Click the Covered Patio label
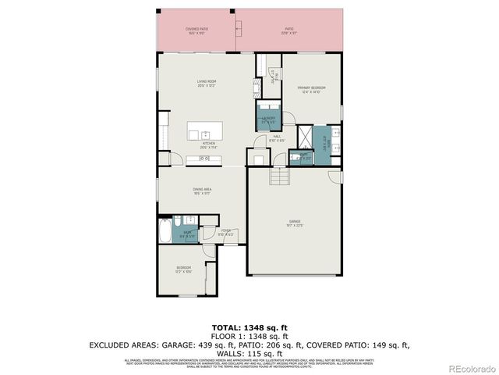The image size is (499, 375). click(x=196, y=31)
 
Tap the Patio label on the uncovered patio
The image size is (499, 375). click(x=288, y=31)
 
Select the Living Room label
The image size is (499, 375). click(x=206, y=83)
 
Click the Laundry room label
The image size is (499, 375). click(x=268, y=119)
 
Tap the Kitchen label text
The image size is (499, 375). click(x=208, y=145)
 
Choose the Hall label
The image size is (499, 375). click(x=277, y=138)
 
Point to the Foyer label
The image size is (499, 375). click(x=225, y=232)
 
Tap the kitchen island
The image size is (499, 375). click(x=205, y=130)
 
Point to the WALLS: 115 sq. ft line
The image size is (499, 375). click(x=249, y=353)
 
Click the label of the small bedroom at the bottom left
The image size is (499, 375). click(x=182, y=270)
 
